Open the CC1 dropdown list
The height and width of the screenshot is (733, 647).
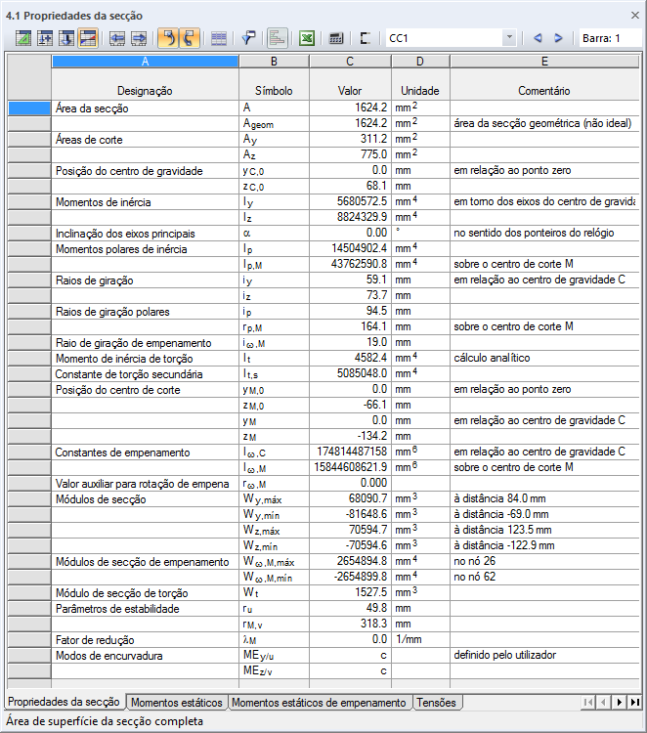(x=509, y=38)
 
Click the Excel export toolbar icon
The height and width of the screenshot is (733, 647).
(x=306, y=38)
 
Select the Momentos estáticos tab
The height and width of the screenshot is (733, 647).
(x=178, y=702)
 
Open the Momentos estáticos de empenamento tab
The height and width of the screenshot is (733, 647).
(x=319, y=702)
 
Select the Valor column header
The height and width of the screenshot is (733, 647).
(x=350, y=90)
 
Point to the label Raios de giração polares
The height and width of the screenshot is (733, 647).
(x=112, y=311)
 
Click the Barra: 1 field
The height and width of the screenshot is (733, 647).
(x=611, y=38)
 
